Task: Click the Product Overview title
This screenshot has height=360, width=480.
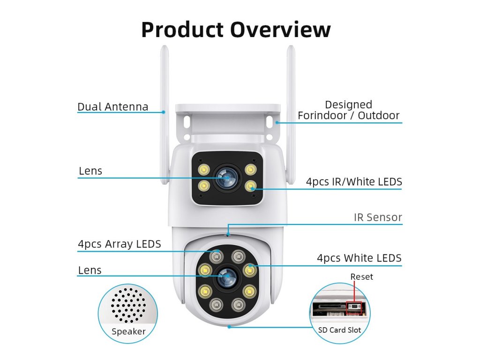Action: (236, 30)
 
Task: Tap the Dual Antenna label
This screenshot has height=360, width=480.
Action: (112, 107)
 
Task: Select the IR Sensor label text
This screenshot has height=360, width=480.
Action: (378, 217)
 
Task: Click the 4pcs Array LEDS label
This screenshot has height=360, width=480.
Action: (120, 244)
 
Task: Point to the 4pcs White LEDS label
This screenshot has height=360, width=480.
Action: (359, 258)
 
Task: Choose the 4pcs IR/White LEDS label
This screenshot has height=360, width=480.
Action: (354, 182)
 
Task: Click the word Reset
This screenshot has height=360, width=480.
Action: (362, 277)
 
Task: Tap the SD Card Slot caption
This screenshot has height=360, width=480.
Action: (340, 330)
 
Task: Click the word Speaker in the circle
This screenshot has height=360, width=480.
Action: (128, 332)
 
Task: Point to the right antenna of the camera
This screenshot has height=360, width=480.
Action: (291, 112)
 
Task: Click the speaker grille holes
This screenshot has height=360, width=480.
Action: (128, 305)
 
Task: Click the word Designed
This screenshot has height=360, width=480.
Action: (348, 105)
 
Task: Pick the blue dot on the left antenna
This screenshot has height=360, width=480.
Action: (164, 112)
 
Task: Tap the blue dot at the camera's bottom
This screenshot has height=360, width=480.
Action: (229, 326)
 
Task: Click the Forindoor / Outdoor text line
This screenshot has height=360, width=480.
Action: (348, 116)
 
